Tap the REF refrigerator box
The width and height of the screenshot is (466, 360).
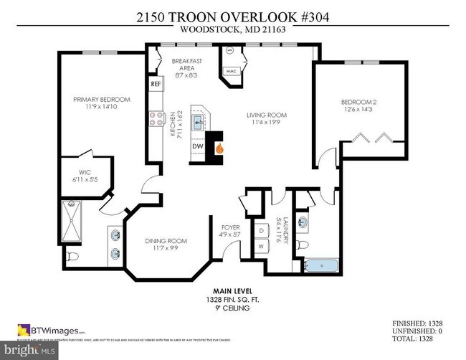(156, 84)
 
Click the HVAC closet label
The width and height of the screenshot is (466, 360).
(232, 71)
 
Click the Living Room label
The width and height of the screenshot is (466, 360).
(267, 118)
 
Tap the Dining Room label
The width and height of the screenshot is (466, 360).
(161, 245)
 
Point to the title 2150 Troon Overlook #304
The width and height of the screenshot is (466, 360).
(232, 16)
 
